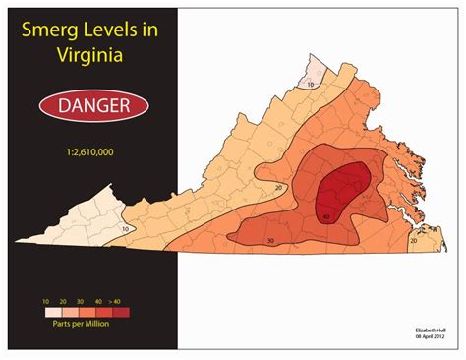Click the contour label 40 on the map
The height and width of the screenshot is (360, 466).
click(325, 216)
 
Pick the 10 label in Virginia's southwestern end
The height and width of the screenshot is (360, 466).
click(125, 228)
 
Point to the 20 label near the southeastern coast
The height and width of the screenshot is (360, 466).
click(413, 240)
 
